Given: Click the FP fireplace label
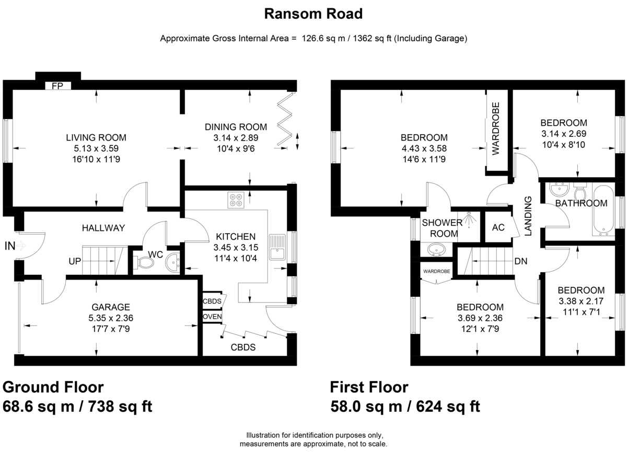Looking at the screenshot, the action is pos(57,86).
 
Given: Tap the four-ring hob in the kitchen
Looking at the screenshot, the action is pos(236,200).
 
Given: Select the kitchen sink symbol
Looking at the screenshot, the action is pos(277,247).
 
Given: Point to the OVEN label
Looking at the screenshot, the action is pos(212,317).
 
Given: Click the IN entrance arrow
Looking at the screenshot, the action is pos(21,246).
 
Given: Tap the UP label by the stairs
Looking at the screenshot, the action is pos(75,261).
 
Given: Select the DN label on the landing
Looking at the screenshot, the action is pos(520,261).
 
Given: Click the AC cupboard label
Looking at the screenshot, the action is pos(498,227).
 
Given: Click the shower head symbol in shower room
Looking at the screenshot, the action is pos(470,219).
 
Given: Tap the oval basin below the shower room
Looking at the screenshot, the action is pos(436,249).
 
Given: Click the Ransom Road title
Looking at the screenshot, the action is pos(313,14).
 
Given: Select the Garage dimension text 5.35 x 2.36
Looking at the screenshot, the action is pos(111,318).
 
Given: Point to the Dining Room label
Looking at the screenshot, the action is pos(236,127).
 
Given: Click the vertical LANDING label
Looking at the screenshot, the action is pos(528,216).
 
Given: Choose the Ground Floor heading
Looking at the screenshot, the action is pos(53,387).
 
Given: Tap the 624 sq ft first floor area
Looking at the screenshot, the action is pos(448,406).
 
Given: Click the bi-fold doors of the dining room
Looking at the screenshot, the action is pos(285,119).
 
